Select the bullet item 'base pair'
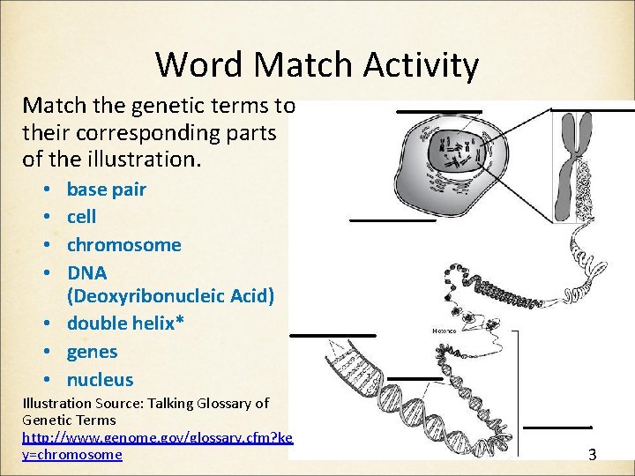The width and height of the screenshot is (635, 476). click(x=106, y=190)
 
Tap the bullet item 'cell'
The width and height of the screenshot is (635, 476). click(x=81, y=217)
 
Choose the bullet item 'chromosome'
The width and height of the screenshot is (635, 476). click(x=123, y=245)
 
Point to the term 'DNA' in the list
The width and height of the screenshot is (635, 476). click(x=87, y=273)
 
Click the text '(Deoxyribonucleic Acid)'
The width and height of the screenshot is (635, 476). click(x=170, y=296)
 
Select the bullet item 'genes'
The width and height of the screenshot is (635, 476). click(x=92, y=352)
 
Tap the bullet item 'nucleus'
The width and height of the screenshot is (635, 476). click(x=100, y=380)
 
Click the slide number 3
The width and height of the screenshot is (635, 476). click(x=592, y=455)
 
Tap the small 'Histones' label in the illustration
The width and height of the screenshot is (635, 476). click(x=444, y=331)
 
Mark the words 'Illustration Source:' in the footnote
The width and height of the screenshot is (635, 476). click(x=79, y=403)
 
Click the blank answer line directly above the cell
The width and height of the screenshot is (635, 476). click(x=438, y=112)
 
